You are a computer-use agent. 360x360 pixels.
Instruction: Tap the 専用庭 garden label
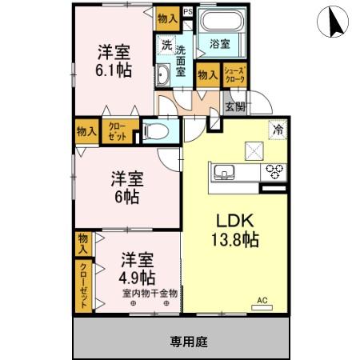[189, 342]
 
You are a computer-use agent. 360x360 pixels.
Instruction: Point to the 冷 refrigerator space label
[279, 128]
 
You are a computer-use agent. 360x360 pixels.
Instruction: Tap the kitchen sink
[221, 170]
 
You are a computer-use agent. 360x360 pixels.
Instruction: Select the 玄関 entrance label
[234, 108]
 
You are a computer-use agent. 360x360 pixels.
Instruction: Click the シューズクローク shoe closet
[234, 74]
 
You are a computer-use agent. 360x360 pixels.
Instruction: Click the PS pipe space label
[188, 12]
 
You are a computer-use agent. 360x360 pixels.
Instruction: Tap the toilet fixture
[157, 131]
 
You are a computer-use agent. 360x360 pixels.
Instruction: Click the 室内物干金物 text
[150, 294]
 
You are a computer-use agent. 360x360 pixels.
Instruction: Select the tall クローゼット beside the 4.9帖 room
[84, 286]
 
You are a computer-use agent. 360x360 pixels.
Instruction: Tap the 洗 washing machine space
[166, 46]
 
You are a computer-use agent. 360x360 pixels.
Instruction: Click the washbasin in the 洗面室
[163, 76]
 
